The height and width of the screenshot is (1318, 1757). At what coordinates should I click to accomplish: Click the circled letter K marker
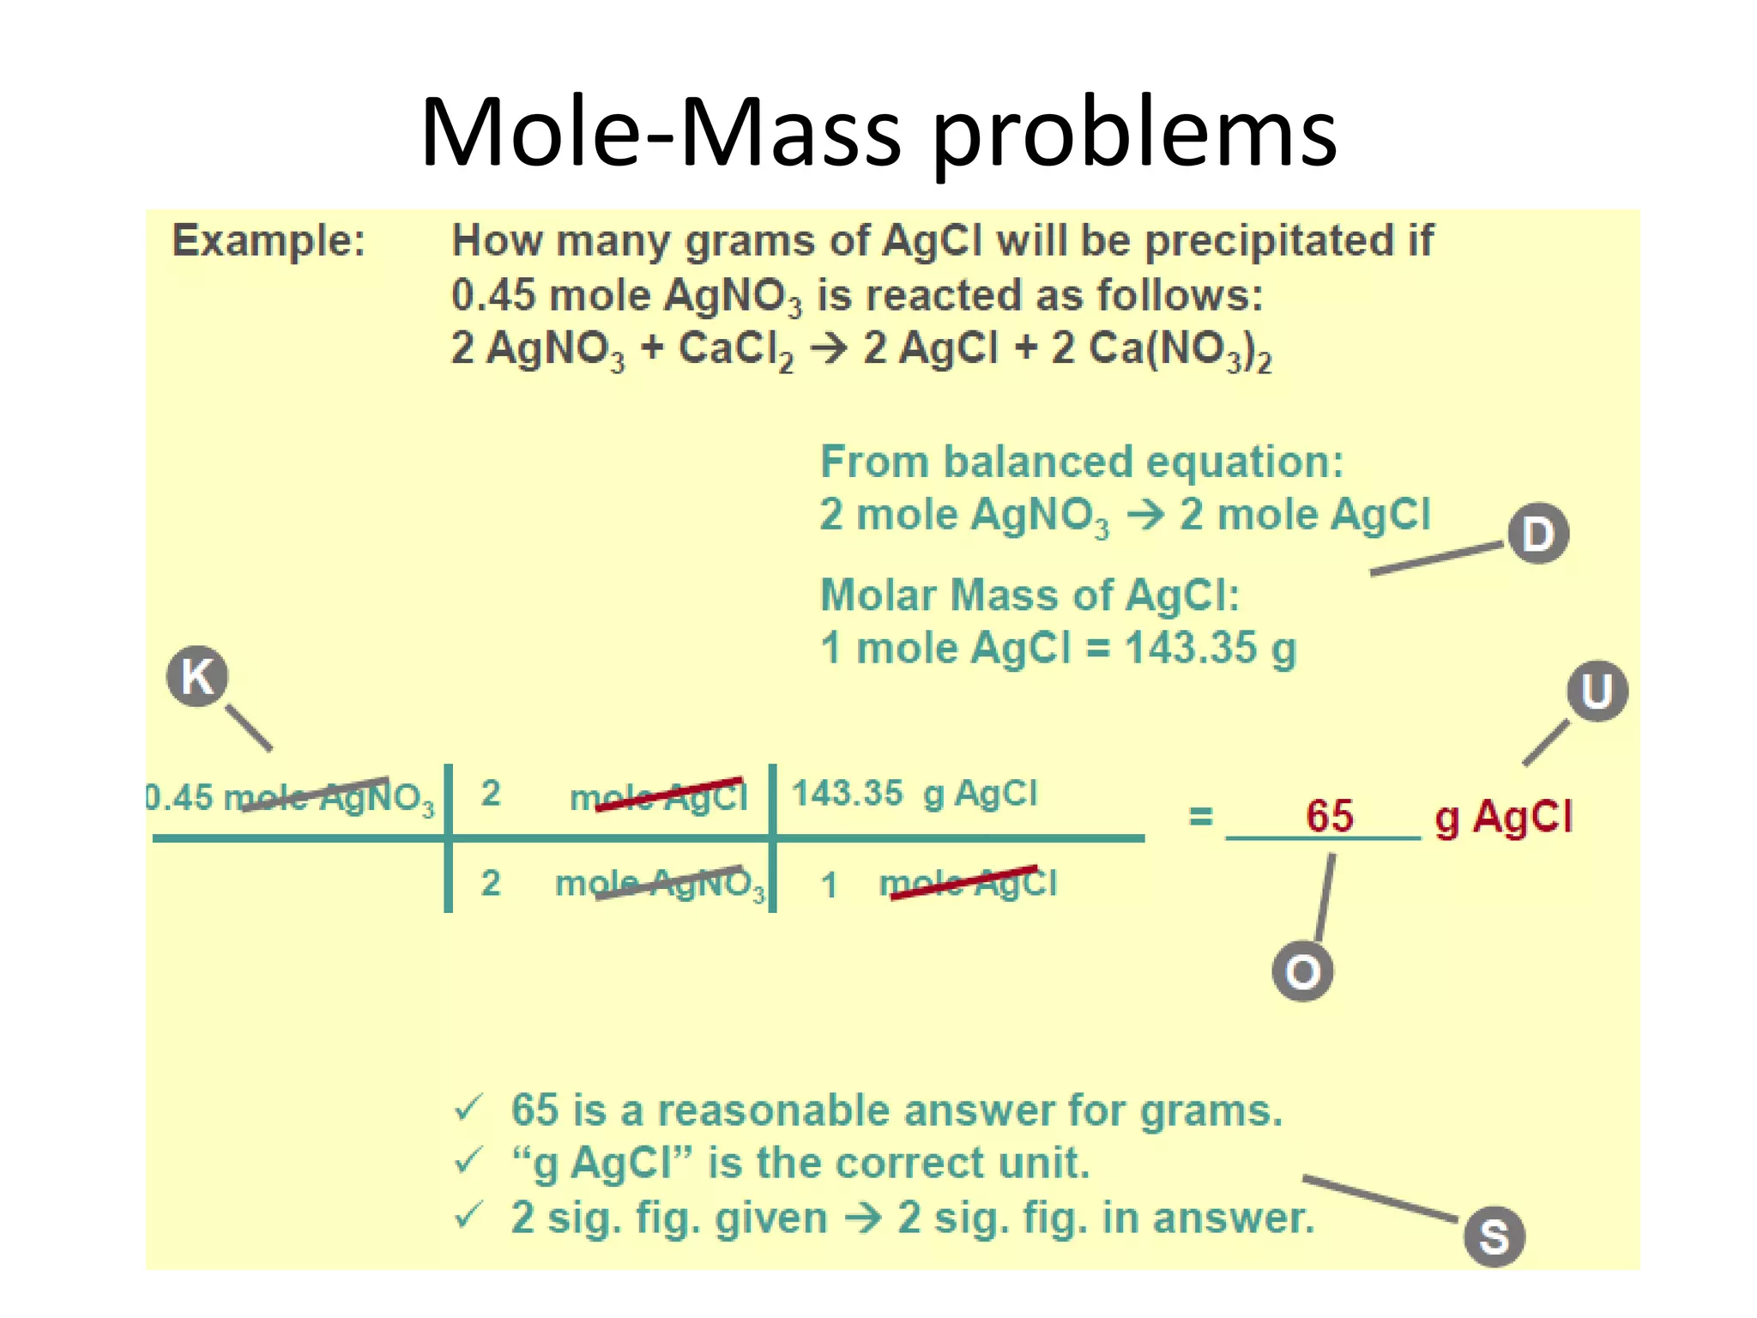click(197, 676)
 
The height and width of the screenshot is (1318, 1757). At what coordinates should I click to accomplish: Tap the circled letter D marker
click(1538, 534)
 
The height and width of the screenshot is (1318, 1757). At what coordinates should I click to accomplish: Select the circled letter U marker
click(1597, 691)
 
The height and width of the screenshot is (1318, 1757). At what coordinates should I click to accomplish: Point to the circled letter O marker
click(1302, 972)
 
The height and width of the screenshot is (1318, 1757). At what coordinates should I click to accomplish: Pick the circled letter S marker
click(1494, 1236)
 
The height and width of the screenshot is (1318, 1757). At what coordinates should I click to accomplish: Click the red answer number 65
click(1329, 815)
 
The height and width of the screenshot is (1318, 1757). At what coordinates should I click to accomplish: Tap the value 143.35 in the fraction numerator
click(847, 793)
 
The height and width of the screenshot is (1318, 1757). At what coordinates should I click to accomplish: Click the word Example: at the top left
click(269, 240)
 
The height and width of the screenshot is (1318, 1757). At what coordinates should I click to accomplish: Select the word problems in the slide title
click(1134, 133)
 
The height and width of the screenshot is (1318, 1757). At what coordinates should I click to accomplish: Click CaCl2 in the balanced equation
click(735, 350)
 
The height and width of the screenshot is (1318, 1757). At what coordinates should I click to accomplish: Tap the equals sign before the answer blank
click(1200, 816)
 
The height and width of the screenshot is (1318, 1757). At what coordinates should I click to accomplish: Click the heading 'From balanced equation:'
click(1081, 462)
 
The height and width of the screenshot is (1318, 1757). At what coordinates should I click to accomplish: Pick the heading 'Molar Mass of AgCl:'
click(1029, 595)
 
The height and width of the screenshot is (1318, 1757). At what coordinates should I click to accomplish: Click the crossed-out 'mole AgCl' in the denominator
click(969, 883)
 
